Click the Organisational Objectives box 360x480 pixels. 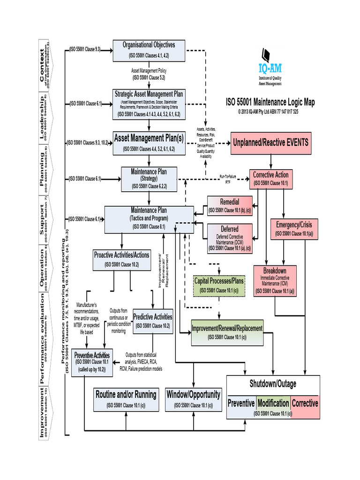pyautogui.click(x=149, y=50)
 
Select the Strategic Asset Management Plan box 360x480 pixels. pyautogui.click(x=149, y=104)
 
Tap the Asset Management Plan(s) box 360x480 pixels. pyautogui.click(x=149, y=142)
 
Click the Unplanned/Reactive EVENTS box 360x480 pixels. pyautogui.click(x=270, y=142)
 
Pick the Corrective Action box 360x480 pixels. pyautogui.click(x=270, y=178)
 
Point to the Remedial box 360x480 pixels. pyautogui.click(x=229, y=206)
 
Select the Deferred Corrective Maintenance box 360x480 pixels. pyautogui.click(x=229, y=238)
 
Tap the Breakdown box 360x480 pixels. pyautogui.click(x=274, y=280)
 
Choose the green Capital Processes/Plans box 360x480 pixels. pyautogui.click(x=219, y=285)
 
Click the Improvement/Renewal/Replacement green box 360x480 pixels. pyautogui.click(x=227, y=332)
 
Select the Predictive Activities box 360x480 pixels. pyautogui.click(x=153, y=321)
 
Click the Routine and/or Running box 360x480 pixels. pyautogui.click(x=126, y=398)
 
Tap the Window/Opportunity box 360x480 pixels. pyautogui.click(x=193, y=398)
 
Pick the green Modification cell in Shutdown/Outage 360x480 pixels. pyautogui.click(x=273, y=403)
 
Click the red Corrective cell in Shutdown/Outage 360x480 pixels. pyautogui.click(x=305, y=403)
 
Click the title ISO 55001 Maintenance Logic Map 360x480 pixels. pyautogui.click(x=271, y=102)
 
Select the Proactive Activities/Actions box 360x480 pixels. pyautogui.click(x=122, y=259)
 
